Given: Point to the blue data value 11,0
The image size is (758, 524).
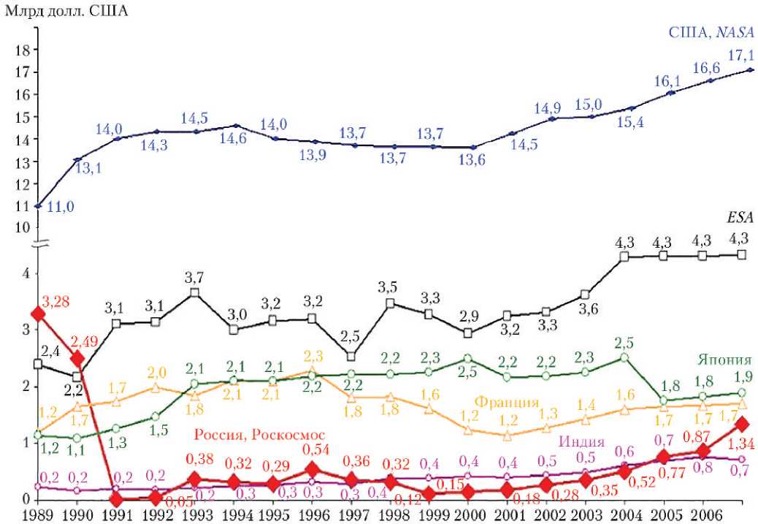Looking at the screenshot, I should click(x=61, y=208).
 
